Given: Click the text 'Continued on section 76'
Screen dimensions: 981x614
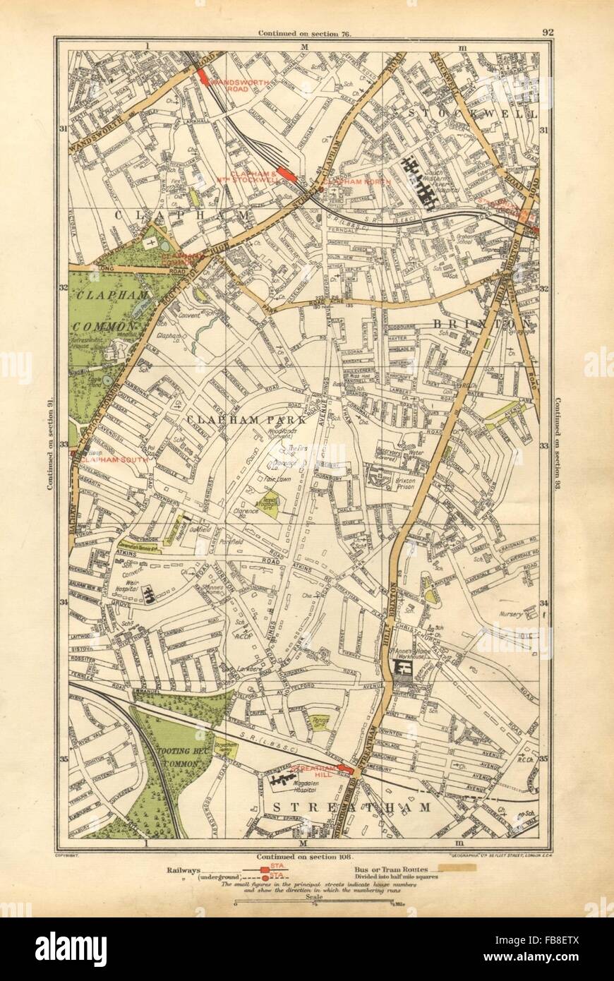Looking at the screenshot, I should (x=305, y=33).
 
